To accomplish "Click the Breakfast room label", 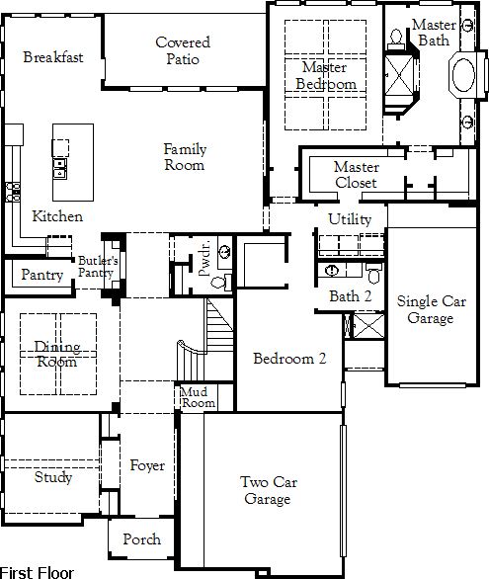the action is tap(53, 57).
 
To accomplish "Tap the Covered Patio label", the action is tap(183, 50).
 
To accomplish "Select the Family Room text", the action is tap(185, 157).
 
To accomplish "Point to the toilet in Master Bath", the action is tap(396, 40).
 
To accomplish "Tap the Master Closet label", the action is tap(357, 175).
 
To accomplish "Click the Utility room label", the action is tap(350, 219).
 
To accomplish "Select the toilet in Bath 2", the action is tap(374, 273).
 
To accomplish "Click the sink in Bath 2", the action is tap(332, 271).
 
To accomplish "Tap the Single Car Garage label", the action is tap(431, 309).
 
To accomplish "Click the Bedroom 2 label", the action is tap(289, 359).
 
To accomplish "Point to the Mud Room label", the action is tap(198, 397).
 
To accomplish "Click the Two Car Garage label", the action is tap(269, 490).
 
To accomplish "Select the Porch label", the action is tap(141, 539).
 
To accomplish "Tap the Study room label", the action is tap(52, 477).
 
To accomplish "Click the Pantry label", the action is tap(42, 275).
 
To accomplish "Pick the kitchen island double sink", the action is tap(60, 169).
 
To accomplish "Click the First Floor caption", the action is tap(37, 573).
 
